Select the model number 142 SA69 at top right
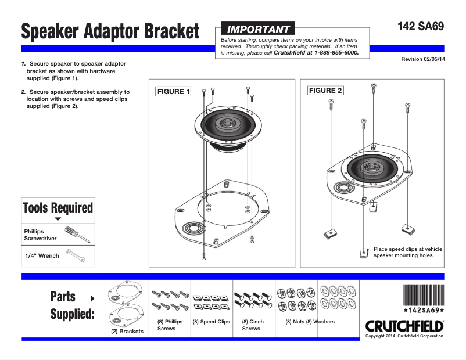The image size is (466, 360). tap(421, 27)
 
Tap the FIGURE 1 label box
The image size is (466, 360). tap(173, 92)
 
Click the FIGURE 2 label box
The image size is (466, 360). tap(325, 91)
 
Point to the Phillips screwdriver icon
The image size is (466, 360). tap(76, 235)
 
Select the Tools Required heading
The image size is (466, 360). tap(58, 208)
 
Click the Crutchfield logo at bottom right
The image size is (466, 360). tap(404, 326)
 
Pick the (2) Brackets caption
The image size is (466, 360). tap(127, 332)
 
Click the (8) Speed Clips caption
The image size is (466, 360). tap(211, 322)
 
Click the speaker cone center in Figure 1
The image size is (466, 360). tap(227, 124)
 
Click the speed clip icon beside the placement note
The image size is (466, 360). tap(363, 253)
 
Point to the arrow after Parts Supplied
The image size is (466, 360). tap(92, 298)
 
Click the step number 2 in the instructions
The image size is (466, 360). tap(23, 92)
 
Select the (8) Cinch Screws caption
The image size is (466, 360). tap(252, 325)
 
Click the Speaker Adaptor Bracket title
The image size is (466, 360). tap(110, 31)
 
